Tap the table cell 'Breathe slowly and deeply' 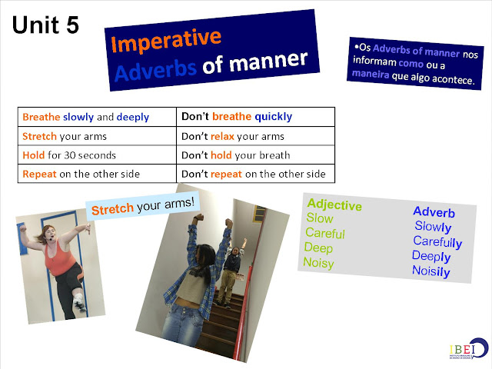86,118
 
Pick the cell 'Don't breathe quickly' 237,118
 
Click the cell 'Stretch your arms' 65,136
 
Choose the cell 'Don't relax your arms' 233,136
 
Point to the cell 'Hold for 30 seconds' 69,155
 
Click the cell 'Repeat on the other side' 81,174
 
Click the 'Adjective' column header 334,205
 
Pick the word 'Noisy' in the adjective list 319,263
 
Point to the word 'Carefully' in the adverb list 437,241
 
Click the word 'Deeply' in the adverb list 432,256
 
